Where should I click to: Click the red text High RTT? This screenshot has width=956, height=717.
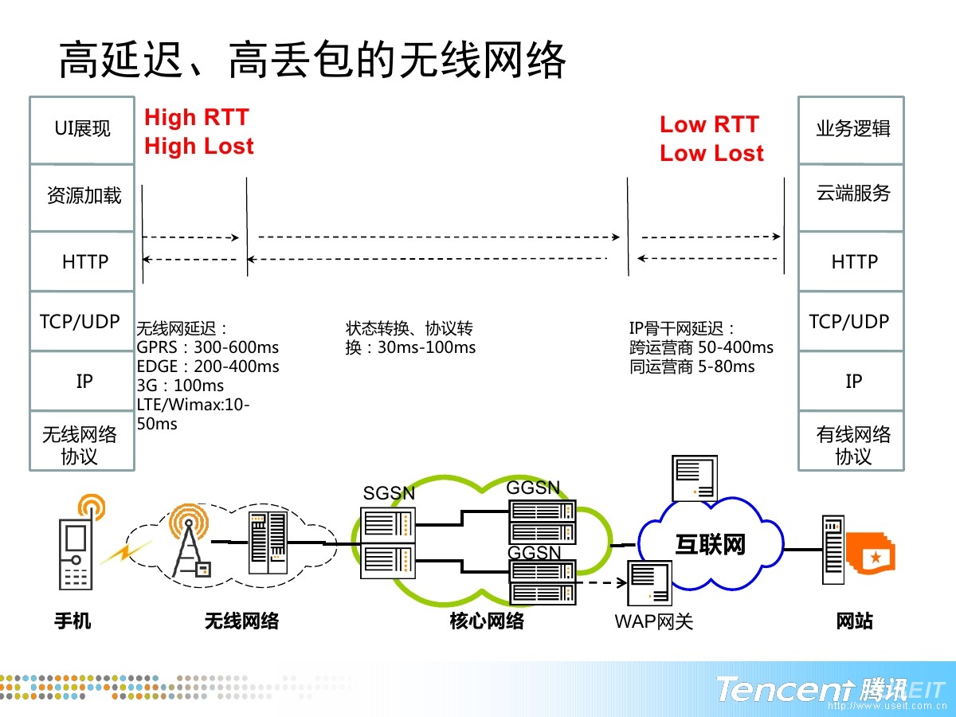pyautogui.click(x=197, y=118)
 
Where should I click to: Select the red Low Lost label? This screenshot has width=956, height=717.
pyautogui.click(x=711, y=153)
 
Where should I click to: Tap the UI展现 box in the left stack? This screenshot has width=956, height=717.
pyautogui.click(x=82, y=130)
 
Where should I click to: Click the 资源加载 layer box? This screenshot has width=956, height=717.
pyautogui.click(x=82, y=198)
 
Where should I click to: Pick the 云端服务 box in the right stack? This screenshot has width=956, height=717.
pyautogui.click(x=851, y=198)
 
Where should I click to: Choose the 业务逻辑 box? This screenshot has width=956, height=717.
pyautogui.click(x=851, y=130)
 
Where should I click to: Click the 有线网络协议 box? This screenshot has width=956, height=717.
pyautogui.click(x=851, y=440)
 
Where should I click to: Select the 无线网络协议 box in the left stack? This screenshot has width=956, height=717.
pyautogui.click(x=82, y=440)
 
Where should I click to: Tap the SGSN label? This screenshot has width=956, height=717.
pyautogui.click(x=389, y=493)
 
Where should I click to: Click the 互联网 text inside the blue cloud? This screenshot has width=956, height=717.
pyautogui.click(x=711, y=545)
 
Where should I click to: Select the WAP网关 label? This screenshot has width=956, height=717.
pyautogui.click(x=654, y=621)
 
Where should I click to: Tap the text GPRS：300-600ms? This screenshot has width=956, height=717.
pyautogui.click(x=207, y=347)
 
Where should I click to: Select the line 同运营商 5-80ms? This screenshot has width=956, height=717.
pyautogui.click(x=692, y=366)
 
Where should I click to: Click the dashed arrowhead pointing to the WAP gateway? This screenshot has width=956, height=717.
pyautogui.click(x=621, y=582)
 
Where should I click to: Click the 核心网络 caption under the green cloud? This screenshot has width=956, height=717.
pyautogui.click(x=487, y=621)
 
